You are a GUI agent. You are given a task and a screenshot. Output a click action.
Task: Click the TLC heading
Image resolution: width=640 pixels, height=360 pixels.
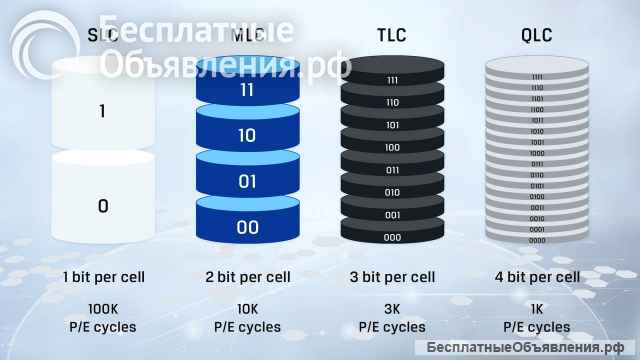tap(392, 36)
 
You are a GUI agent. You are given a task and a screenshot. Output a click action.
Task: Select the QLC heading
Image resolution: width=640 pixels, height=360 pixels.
tap(536, 36)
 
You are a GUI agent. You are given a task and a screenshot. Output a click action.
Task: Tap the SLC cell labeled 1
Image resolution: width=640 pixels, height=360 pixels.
tap(103, 111)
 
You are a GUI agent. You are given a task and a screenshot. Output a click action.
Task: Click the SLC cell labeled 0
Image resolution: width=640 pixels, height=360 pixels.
tap(103, 206)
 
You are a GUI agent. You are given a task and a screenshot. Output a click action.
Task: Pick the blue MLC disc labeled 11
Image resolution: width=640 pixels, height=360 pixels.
tap(247, 90)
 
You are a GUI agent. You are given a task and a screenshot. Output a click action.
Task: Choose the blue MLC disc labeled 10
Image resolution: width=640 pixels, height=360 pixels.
tap(247, 135)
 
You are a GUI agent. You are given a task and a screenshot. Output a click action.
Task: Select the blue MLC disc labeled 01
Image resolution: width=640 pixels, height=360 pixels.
tap(247, 181)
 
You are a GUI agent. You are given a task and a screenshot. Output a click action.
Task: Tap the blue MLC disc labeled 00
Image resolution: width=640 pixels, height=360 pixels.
tap(247, 227)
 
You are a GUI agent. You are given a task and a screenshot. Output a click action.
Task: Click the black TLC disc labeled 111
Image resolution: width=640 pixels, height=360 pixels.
tap(392, 79)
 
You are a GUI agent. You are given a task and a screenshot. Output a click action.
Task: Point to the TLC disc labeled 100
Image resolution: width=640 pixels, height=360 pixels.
tap(392, 147)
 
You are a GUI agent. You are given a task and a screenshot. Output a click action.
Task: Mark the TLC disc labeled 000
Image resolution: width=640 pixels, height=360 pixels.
tap(392, 237)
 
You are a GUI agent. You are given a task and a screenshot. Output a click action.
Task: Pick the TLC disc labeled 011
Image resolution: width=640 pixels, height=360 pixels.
tap(392, 170)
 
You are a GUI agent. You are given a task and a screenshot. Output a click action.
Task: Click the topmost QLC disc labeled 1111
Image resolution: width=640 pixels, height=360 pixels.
tap(537, 76)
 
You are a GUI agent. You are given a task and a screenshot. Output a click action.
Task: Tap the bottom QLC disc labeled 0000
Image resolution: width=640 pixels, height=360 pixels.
tap(537, 240)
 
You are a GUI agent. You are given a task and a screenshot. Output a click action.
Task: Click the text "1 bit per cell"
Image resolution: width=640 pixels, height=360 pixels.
tap(103, 277)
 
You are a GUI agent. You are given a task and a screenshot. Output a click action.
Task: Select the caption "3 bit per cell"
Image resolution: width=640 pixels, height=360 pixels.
tap(392, 277)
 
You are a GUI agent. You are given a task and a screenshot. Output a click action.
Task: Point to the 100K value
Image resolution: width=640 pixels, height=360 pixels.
tap(103, 310)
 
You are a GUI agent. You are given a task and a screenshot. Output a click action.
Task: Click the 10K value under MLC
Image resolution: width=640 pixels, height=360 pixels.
tap(247, 310)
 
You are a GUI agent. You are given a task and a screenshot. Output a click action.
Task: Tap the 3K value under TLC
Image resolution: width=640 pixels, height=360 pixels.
tap(392, 310)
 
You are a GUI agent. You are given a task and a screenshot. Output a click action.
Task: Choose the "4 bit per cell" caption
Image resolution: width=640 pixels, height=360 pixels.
tap(537, 277)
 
